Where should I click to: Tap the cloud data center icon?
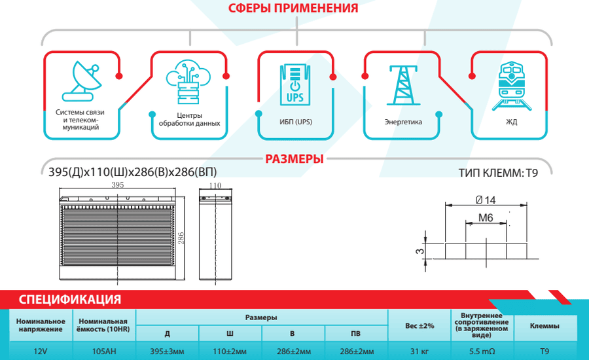click(188, 82)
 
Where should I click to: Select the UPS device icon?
click(295, 84)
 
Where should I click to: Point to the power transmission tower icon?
click(403, 85)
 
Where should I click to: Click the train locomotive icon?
click(512, 86)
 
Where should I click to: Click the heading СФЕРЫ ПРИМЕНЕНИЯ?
click(293, 8)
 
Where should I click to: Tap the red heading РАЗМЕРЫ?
click(294, 159)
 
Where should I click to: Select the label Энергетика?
click(403, 122)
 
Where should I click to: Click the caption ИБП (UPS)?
click(296, 122)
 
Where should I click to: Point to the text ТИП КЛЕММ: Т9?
click(498, 173)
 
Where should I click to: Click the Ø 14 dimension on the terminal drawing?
click(486, 200)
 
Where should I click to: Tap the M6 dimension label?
click(486, 217)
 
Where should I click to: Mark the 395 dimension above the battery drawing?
click(118, 185)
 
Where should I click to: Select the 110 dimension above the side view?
click(215, 185)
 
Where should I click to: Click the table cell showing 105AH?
click(104, 351)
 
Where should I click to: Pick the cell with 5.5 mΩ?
click(482, 351)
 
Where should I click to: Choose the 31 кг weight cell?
click(419, 351)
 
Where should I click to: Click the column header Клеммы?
click(544, 326)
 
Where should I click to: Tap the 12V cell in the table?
click(40, 351)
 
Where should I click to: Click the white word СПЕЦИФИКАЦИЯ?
click(70, 300)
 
